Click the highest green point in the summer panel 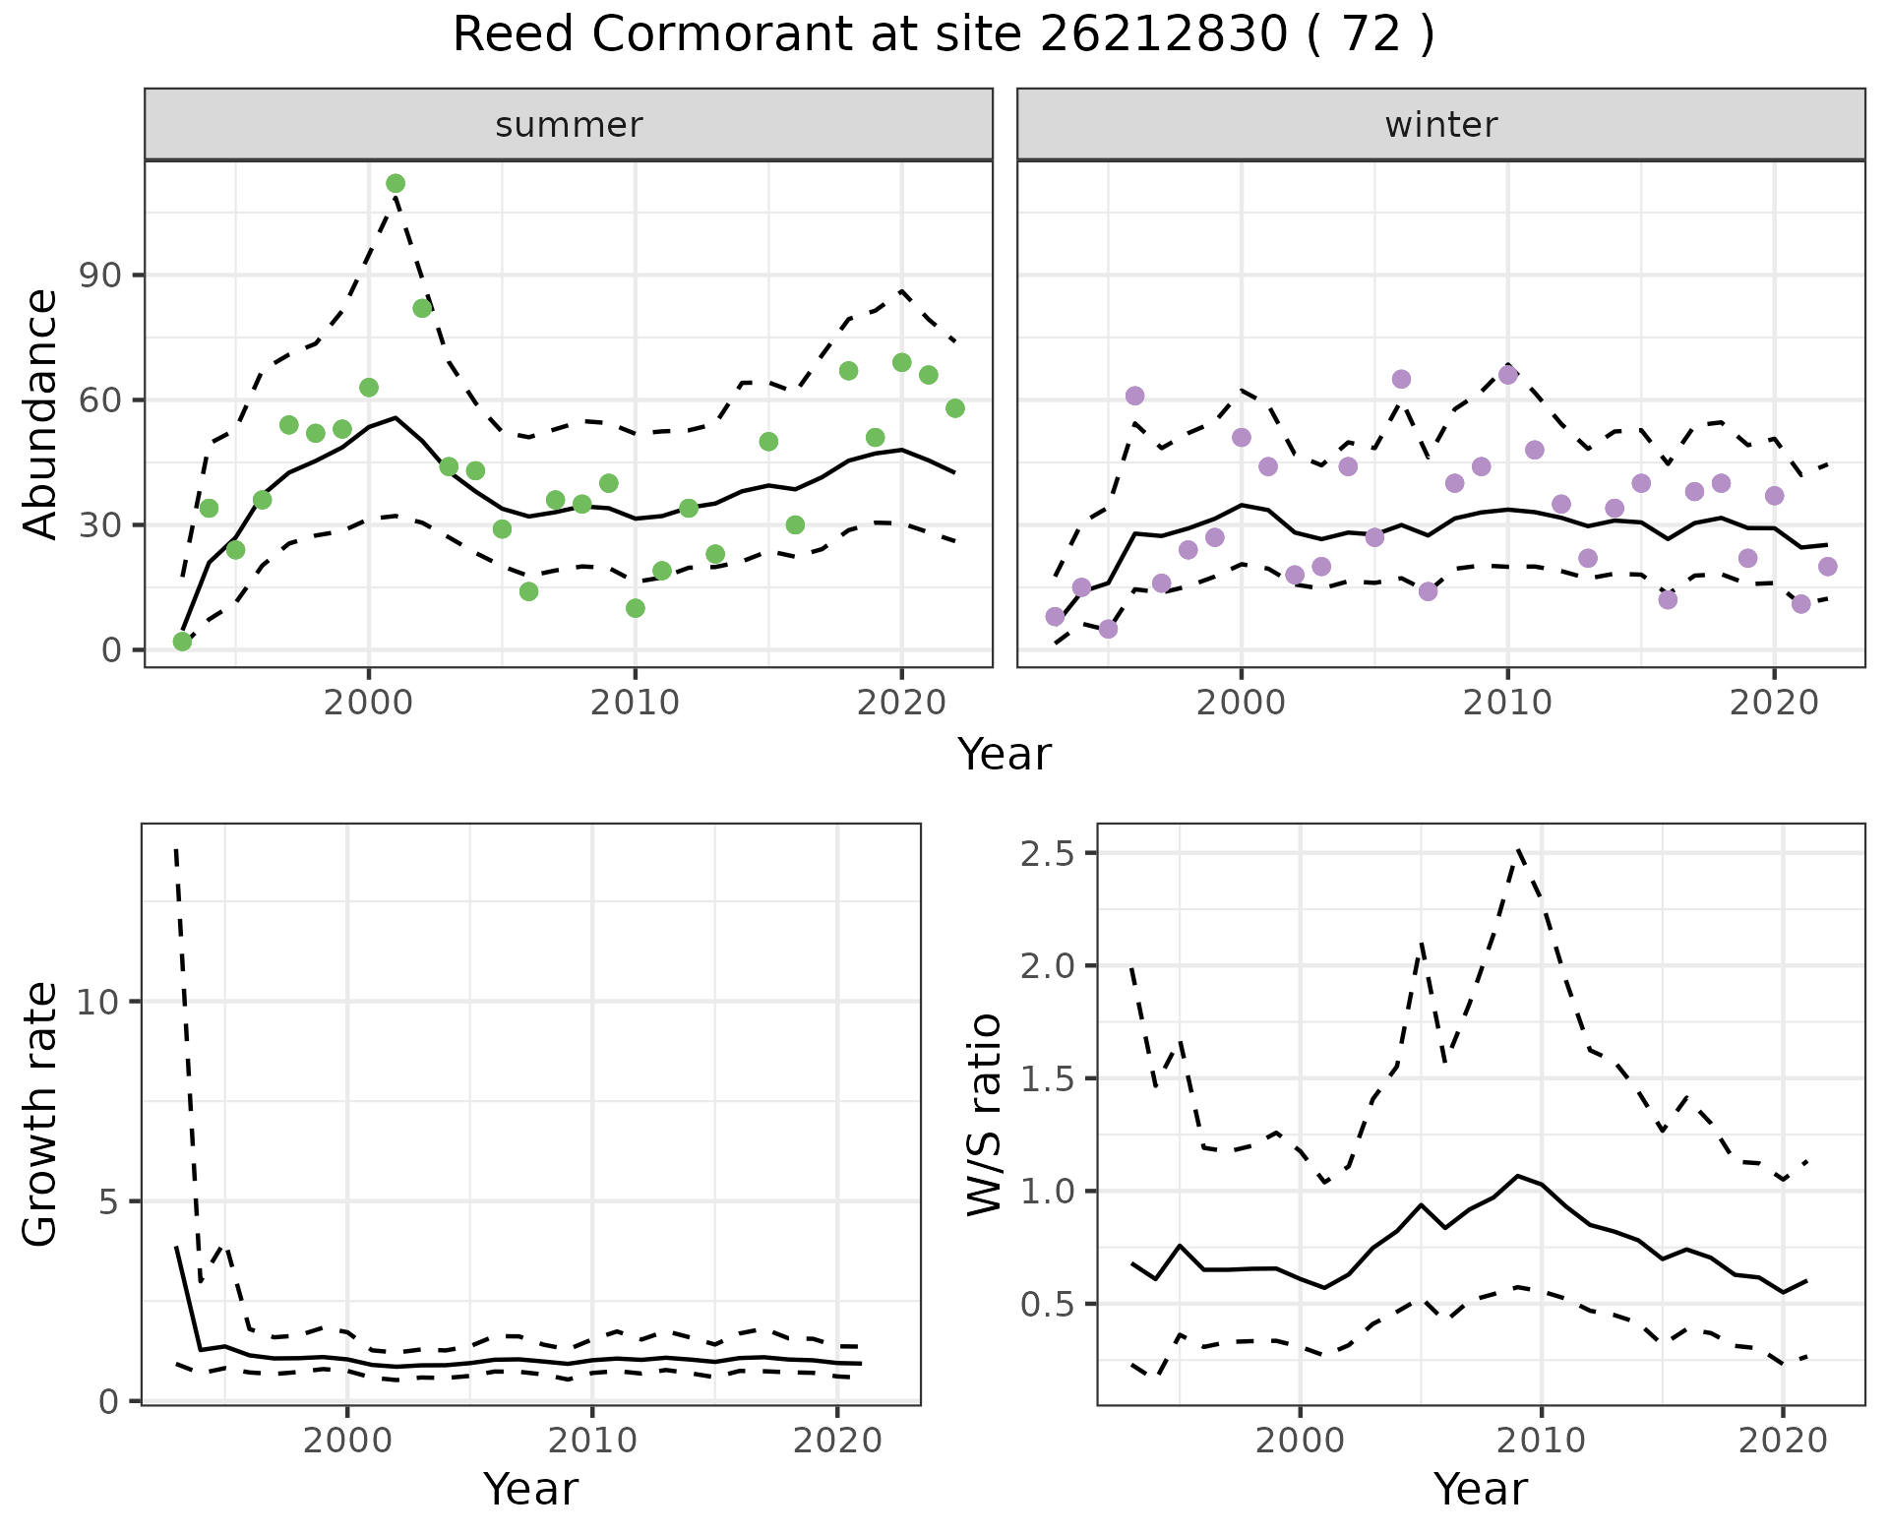(x=396, y=183)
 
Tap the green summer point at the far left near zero (x=182, y=642)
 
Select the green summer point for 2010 (x=636, y=608)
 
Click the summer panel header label (x=569, y=125)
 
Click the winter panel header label (x=1440, y=125)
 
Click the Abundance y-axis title (x=41, y=413)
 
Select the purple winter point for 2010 (x=1508, y=375)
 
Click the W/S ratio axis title (x=984, y=1114)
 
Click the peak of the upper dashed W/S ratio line (x=1519, y=848)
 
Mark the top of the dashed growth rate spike (x=175, y=848)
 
